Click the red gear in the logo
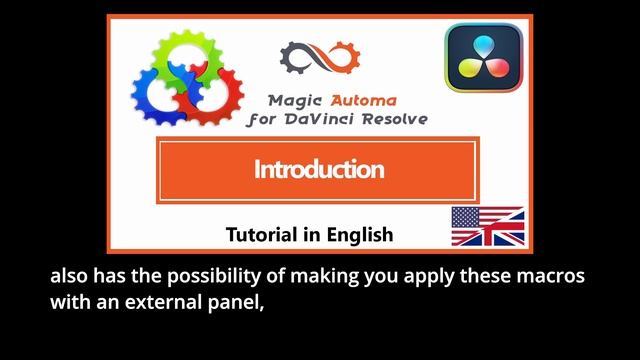coord(217,95)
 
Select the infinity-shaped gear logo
coord(318,63)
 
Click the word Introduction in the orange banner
coord(318,169)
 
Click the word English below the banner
coord(357,235)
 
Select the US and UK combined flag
coord(487,226)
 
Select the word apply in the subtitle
coord(413,277)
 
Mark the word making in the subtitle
coord(312,277)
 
